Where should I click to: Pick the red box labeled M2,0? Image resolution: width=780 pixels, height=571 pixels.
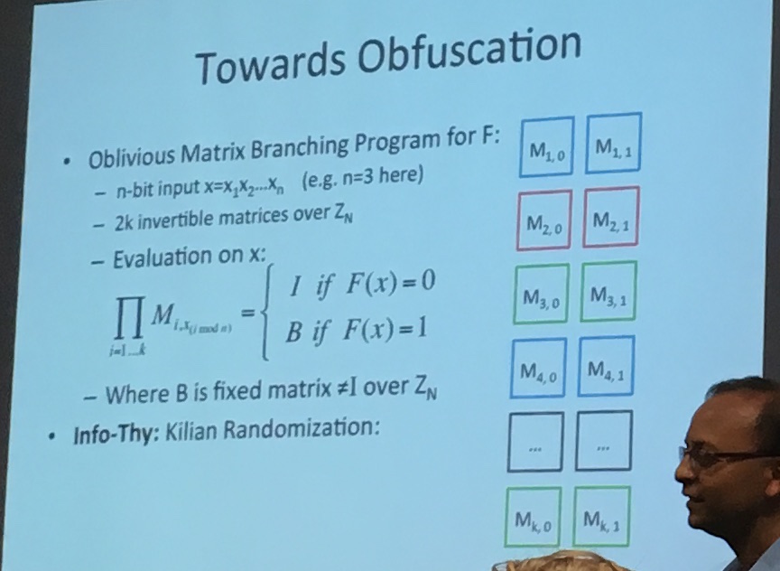[543, 220]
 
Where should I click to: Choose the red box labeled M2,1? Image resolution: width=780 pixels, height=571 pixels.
[611, 217]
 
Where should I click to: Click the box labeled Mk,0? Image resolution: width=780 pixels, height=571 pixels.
[532, 518]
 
